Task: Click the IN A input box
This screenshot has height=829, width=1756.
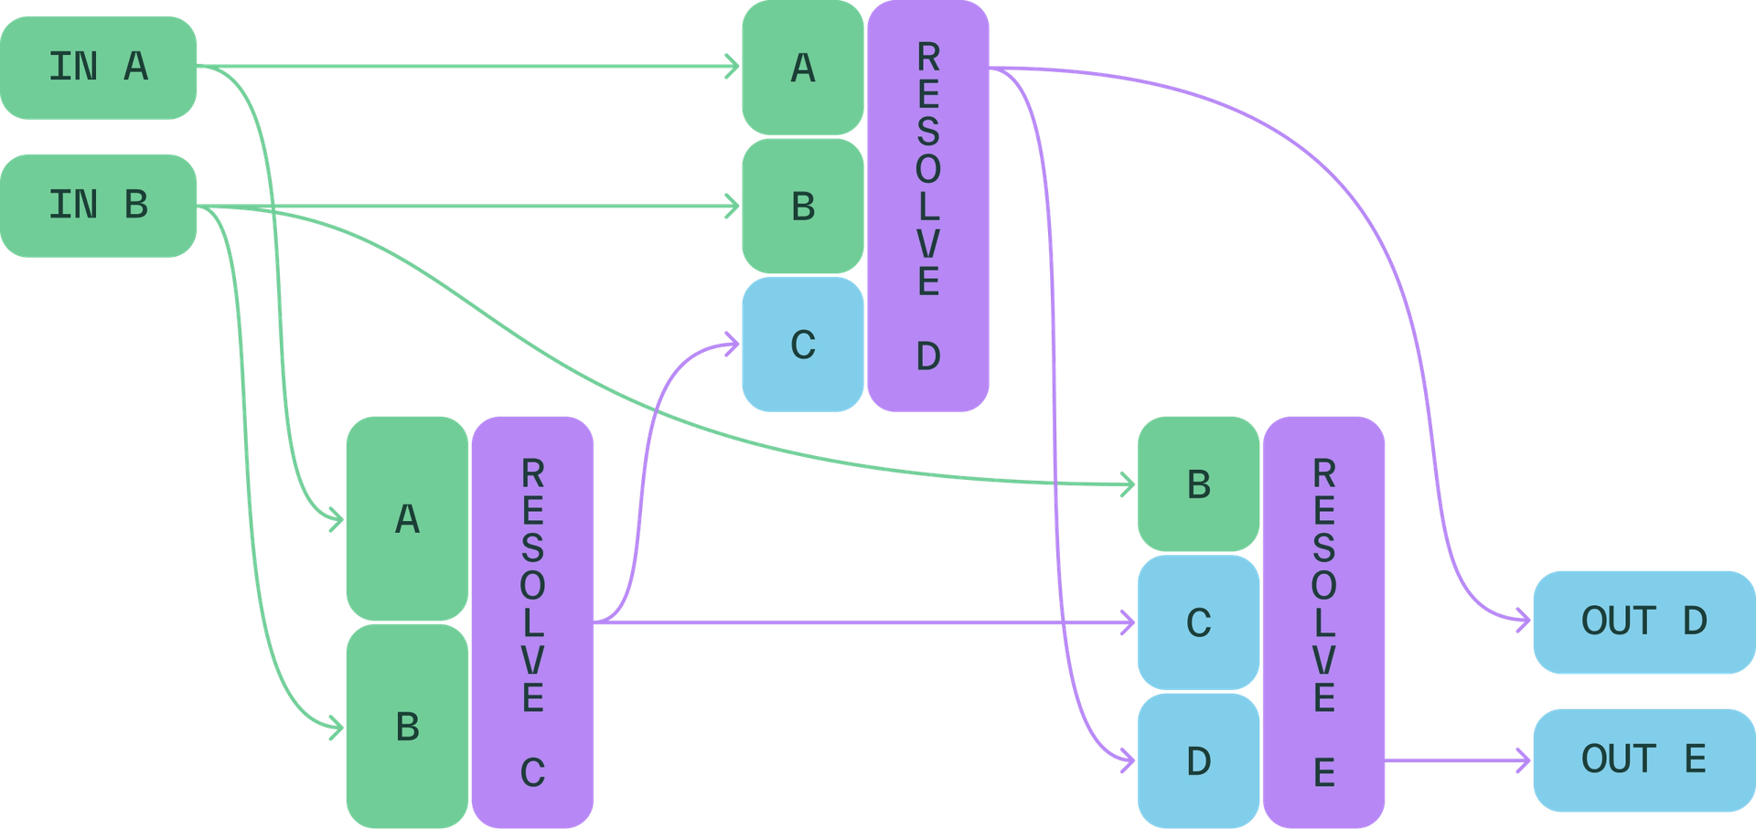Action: pos(99,67)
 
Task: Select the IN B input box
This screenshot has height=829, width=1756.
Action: pos(99,205)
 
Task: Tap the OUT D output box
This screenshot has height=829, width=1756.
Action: pos(1644,622)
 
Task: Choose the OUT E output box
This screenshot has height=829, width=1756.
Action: pos(1644,760)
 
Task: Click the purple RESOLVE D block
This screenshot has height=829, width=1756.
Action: pos(928,206)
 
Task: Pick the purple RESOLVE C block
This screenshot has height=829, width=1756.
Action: pos(532,622)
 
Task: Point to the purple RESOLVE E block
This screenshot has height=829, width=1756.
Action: pos(1323,622)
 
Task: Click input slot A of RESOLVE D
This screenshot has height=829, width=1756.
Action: pos(802,69)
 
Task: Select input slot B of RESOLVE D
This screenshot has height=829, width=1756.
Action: pos(802,207)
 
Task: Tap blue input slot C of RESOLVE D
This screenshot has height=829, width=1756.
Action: pos(802,345)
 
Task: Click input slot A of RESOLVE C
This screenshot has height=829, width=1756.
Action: pos(407,519)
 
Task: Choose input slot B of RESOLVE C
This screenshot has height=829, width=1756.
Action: pos(407,727)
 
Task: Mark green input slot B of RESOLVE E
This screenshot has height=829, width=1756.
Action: pos(1198,484)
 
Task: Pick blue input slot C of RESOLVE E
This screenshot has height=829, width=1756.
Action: pos(1198,622)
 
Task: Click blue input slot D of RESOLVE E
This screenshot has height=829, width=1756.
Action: pos(1198,760)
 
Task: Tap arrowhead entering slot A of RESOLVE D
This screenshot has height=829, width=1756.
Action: pos(733,67)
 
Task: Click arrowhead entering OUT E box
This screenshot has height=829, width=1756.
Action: pos(1524,760)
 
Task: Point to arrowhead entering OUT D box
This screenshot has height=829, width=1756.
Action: pos(1524,622)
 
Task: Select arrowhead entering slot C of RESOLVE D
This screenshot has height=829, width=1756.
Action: pos(733,345)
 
